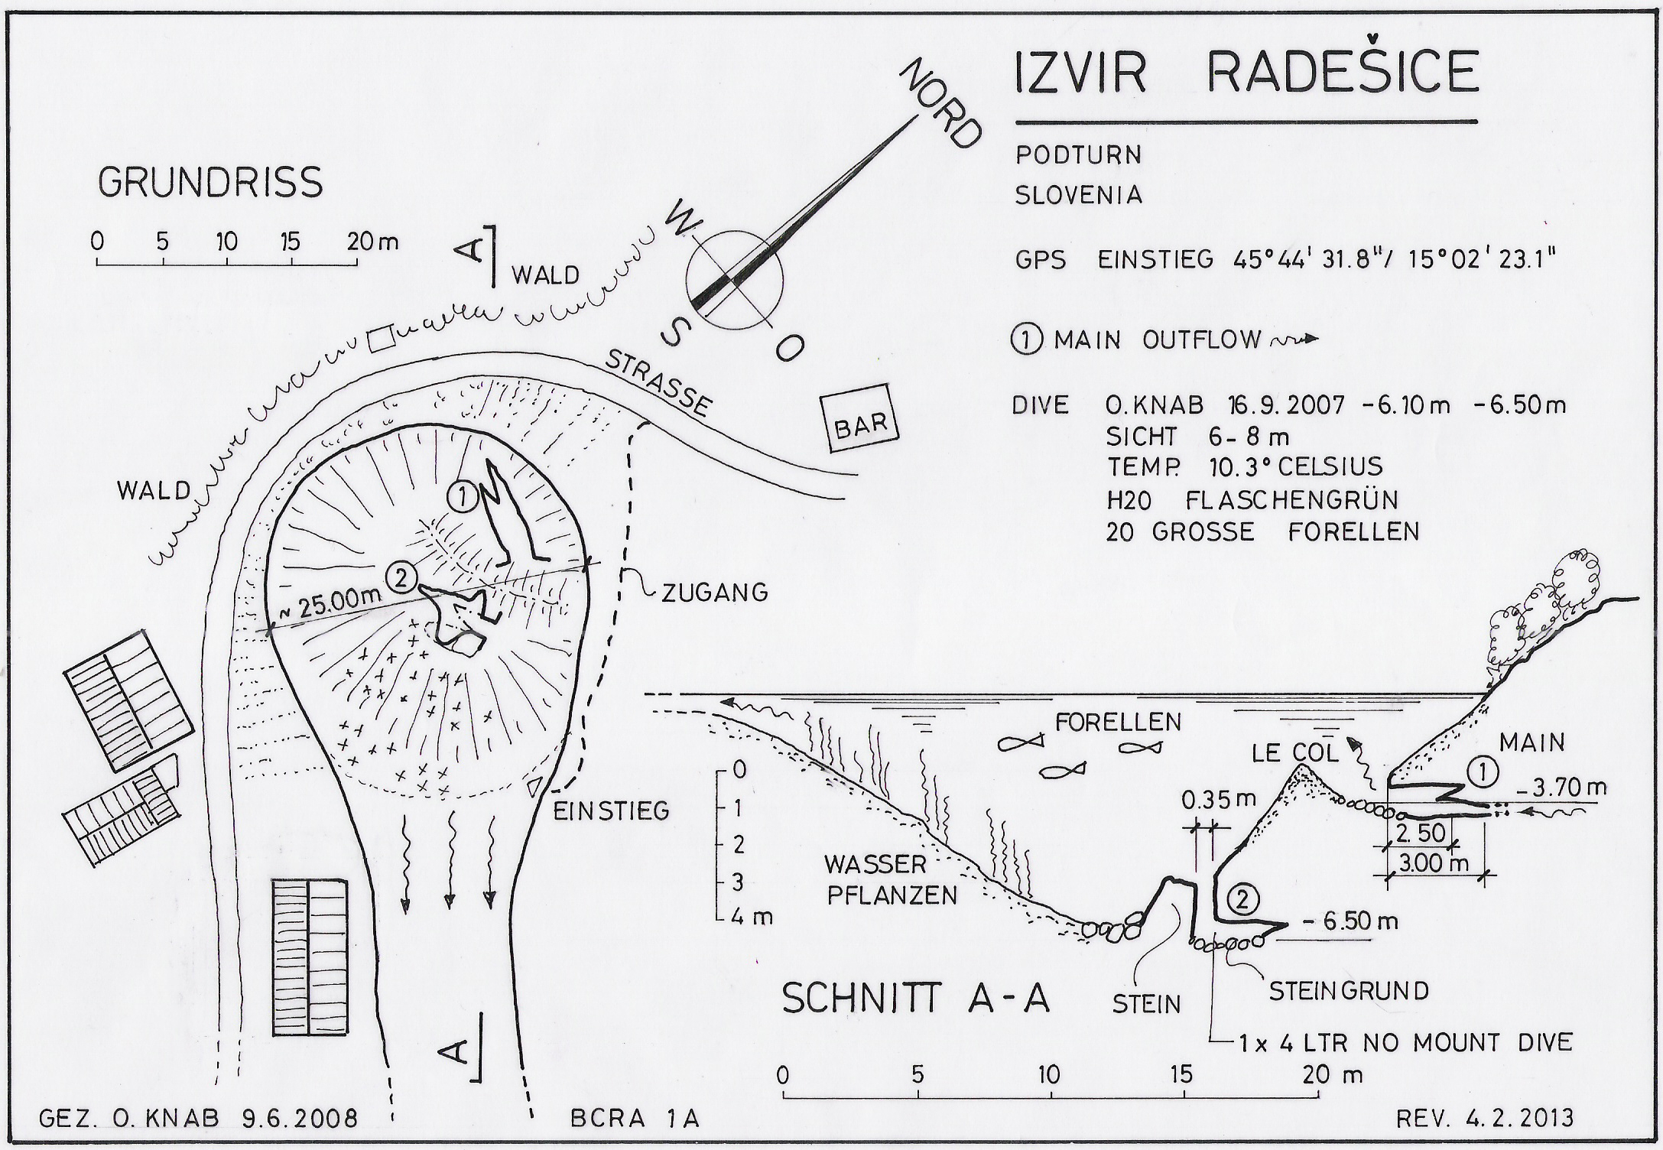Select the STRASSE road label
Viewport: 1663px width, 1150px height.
click(x=658, y=383)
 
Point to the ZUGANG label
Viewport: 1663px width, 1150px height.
click(x=714, y=593)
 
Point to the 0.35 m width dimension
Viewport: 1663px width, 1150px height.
click(x=1218, y=800)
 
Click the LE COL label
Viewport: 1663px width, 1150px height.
click(x=1295, y=753)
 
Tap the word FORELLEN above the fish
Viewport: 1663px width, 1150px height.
click(x=1118, y=721)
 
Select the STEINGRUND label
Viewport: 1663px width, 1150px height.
click(x=1349, y=991)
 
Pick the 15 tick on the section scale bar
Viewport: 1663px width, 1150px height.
click(x=1182, y=1075)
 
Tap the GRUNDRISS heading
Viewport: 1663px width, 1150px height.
click(x=210, y=183)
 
